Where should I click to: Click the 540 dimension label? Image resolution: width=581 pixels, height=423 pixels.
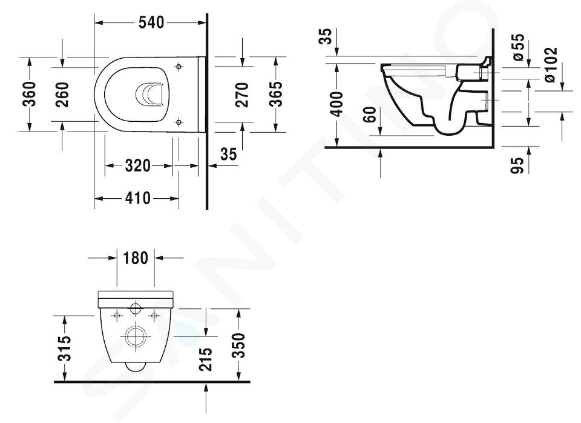(x=151, y=22)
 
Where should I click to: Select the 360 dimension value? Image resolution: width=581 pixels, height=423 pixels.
(x=29, y=94)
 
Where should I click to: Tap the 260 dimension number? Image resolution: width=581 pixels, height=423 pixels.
(x=62, y=95)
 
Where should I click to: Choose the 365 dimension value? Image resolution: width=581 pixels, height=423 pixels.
(x=275, y=94)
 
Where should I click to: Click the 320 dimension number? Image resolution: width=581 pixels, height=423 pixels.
(x=138, y=165)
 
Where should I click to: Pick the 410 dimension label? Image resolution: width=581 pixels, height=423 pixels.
(x=138, y=198)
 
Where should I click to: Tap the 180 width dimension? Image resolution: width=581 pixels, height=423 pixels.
(x=135, y=258)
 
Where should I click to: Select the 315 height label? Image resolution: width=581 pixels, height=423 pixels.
(x=65, y=348)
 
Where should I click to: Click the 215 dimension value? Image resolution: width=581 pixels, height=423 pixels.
(x=205, y=359)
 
